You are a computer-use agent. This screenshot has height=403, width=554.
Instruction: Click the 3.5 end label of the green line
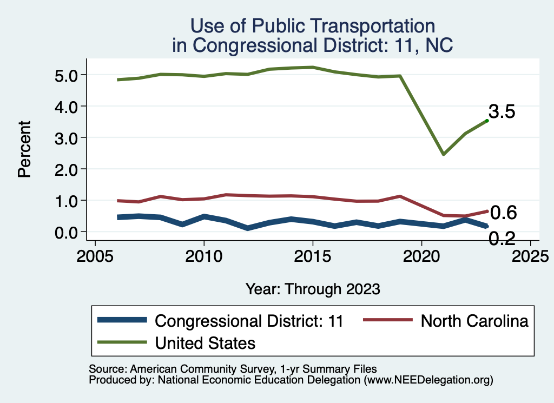(x=502, y=112)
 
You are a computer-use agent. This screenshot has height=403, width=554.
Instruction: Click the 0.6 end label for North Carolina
(x=503, y=213)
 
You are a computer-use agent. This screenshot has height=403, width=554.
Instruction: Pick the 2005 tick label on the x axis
(x=95, y=255)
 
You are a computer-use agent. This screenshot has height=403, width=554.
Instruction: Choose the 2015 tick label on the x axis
(x=313, y=255)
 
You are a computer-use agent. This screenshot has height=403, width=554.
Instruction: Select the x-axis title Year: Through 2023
(x=313, y=288)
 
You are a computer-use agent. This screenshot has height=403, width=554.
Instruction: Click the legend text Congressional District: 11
(x=249, y=321)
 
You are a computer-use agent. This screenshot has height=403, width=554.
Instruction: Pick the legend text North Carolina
(x=474, y=321)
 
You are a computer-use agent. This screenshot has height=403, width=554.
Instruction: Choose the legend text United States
(x=205, y=343)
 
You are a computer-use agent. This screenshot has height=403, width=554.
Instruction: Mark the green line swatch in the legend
(x=122, y=342)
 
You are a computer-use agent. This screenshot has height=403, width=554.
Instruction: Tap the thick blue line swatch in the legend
(x=122, y=320)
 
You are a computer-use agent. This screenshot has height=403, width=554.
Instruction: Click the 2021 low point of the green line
(x=443, y=154)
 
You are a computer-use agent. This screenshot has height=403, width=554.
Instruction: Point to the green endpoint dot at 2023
(x=487, y=121)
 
